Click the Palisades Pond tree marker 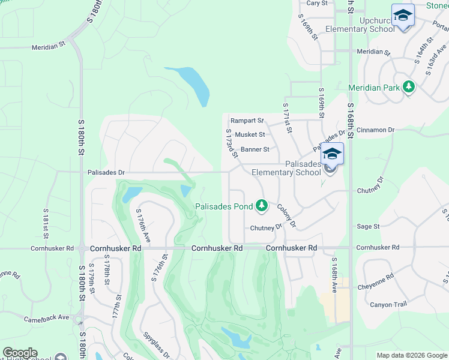click(x=261, y=206)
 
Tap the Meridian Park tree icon click(x=409, y=88)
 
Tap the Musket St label click(x=250, y=135)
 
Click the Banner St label click(x=255, y=149)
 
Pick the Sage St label click(x=368, y=227)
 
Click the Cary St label click(x=317, y=3)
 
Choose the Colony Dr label click(x=286, y=215)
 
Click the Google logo click(x=20, y=353)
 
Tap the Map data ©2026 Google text click(x=411, y=355)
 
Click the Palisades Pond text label click(x=223, y=207)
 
